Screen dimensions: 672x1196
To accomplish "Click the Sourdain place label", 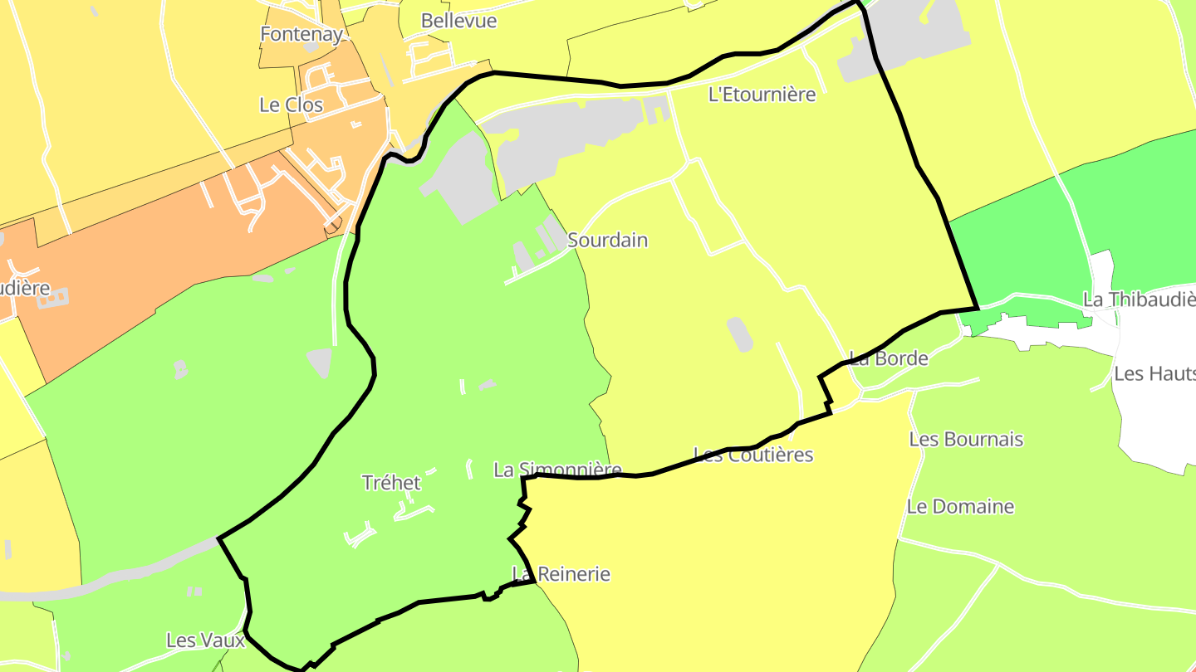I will tap(607, 241).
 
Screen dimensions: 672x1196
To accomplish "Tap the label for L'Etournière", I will tap(762, 95).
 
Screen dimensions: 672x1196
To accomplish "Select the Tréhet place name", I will tap(391, 483).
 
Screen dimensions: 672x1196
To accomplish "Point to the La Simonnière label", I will tap(557, 470).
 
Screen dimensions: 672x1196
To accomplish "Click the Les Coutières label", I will tap(753, 455).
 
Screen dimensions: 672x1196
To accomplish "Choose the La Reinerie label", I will tap(561, 574).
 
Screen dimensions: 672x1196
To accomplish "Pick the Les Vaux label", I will tap(205, 640).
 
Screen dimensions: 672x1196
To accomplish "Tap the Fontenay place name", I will tap(301, 34).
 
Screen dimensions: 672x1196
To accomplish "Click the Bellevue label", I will tap(458, 21).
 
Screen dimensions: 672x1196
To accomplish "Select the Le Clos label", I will tap(292, 105).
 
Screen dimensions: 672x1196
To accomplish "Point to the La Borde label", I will tap(888, 359).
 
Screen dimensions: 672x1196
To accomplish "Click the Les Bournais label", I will tap(966, 440).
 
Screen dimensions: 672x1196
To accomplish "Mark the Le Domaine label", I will tap(960, 506).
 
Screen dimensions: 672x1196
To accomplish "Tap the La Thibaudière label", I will tap(1139, 299).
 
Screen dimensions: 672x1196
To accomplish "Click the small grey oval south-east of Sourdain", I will tap(740, 334).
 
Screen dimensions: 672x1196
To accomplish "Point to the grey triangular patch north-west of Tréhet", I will tap(320, 363).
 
